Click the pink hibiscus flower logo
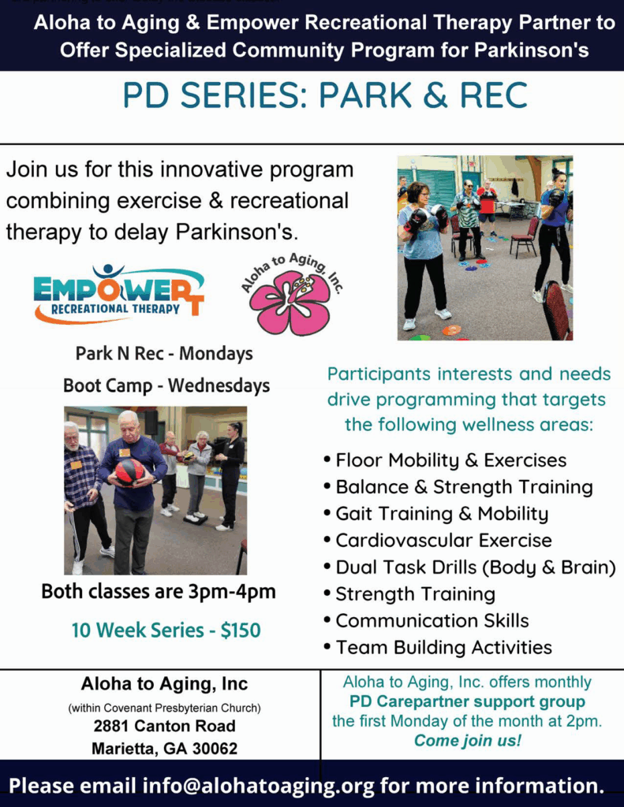pos(291,303)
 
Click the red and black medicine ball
pos(130,472)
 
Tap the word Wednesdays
pos(219,385)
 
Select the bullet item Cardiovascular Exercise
pos(443,541)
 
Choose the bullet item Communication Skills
pos(432,621)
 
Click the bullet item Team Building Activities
pos(443,648)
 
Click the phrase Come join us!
pos(468,741)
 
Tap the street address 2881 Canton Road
pos(164,726)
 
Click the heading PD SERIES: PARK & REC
pos(325,95)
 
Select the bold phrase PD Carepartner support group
pos(467,701)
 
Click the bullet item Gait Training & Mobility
pos(442,514)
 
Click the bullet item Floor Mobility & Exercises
pos(451,460)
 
